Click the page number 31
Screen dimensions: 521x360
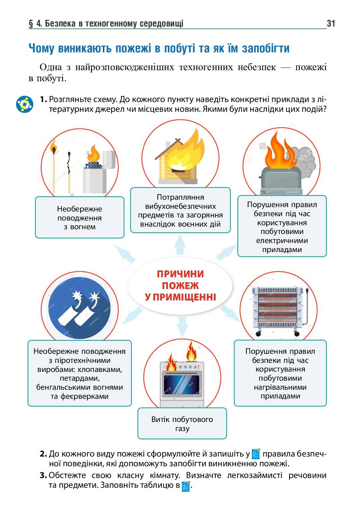(x=330, y=23)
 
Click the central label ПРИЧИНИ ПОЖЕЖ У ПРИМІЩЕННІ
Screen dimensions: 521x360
(x=180, y=286)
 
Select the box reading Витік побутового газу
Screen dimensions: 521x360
(x=182, y=423)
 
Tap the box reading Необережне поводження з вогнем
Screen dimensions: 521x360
(x=79, y=218)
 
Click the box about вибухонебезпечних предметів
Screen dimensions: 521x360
(x=180, y=210)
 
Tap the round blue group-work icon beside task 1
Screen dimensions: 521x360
(x=24, y=104)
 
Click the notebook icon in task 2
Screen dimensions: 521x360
(x=256, y=454)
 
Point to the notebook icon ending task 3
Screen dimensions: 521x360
(x=186, y=486)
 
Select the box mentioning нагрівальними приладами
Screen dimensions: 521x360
(x=280, y=373)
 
